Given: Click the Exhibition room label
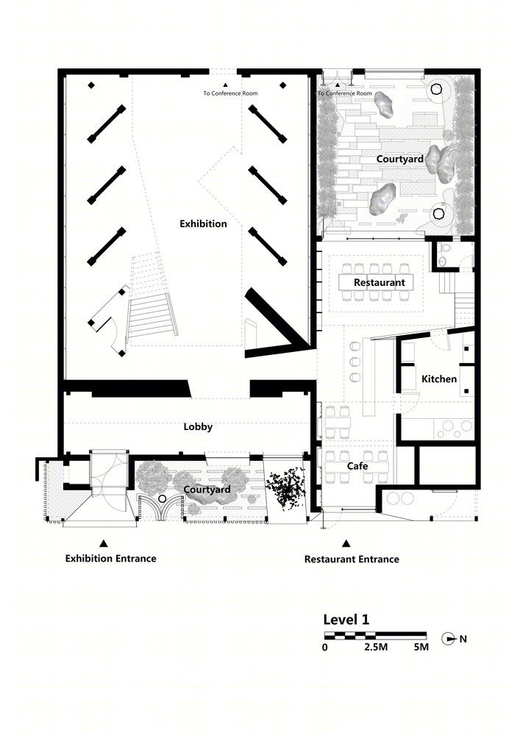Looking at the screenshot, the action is click(x=203, y=223).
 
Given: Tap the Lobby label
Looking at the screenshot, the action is click(x=198, y=426).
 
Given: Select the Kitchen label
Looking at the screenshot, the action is click(x=439, y=379).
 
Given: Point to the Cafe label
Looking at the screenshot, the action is click(x=357, y=466).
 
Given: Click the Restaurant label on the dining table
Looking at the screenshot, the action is click(x=380, y=283).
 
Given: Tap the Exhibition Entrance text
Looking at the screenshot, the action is click(x=110, y=559).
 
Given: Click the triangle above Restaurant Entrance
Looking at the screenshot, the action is click(x=346, y=544).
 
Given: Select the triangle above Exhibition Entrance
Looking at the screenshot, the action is click(x=104, y=543).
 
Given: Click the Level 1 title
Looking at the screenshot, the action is click(x=346, y=620).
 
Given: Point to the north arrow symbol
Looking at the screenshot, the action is click(x=449, y=639).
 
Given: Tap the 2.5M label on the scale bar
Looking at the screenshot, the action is click(x=376, y=648).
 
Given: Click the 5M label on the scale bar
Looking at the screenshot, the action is click(x=421, y=648).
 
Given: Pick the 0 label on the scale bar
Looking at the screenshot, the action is click(x=325, y=648).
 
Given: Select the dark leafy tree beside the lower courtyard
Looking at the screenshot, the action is click(x=285, y=488).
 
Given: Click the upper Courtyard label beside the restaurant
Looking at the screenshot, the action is click(x=400, y=159).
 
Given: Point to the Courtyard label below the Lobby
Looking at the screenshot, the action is click(x=207, y=490).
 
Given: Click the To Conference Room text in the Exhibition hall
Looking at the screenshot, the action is click(x=230, y=93).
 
